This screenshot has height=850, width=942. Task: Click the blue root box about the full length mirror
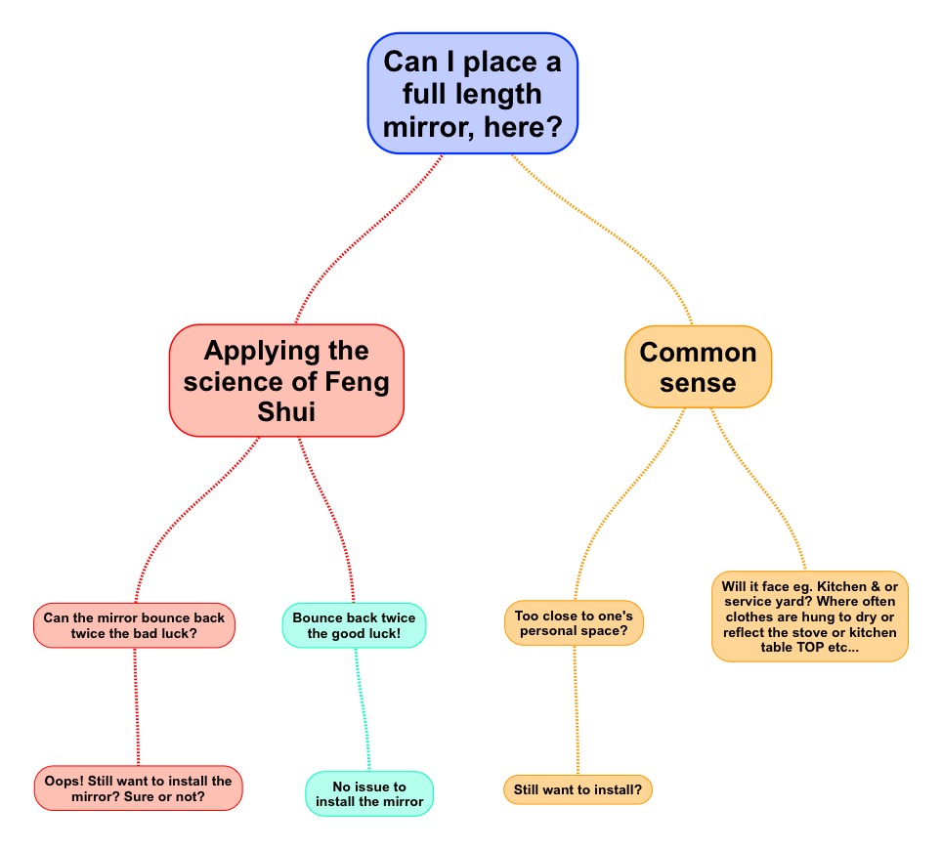click(x=473, y=94)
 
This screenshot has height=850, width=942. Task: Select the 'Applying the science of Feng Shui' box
click(x=286, y=380)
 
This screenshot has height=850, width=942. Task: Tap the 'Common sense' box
click(x=698, y=366)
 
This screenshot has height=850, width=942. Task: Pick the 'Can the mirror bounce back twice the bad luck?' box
click(x=134, y=625)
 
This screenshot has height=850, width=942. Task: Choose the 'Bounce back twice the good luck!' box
click(x=354, y=625)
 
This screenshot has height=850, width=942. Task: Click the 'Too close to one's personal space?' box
click(x=574, y=623)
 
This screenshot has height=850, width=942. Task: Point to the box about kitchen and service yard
click(x=809, y=616)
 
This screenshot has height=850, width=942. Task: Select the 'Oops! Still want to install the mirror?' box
click(x=138, y=787)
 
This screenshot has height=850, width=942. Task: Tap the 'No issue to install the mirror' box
click(x=369, y=793)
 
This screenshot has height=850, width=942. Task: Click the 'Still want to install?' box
click(x=578, y=789)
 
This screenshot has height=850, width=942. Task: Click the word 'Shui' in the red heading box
click(x=286, y=411)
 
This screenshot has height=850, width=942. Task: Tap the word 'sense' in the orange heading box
click(x=698, y=382)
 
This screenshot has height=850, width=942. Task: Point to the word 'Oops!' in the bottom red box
click(x=65, y=781)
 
